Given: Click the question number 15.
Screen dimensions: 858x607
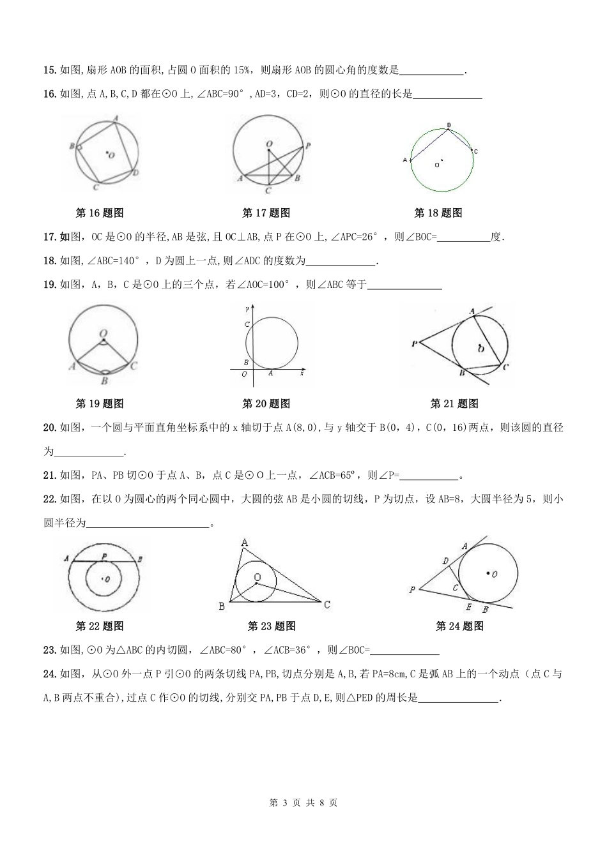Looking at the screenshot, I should tap(49, 70).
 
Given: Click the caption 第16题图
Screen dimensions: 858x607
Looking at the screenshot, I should tap(99, 213).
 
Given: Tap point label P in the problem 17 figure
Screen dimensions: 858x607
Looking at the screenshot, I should tap(308, 146).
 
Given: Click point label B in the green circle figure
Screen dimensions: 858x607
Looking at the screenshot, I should tap(449, 124).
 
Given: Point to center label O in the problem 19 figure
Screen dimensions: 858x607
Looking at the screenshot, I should tap(103, 333).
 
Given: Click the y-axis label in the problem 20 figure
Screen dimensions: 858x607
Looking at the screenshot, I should tap(247, 309).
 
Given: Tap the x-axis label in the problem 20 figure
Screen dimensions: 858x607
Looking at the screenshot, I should tap(301, 374).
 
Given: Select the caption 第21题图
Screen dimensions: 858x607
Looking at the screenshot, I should tap(454, 403).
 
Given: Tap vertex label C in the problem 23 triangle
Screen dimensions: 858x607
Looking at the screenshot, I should tap(327, 605).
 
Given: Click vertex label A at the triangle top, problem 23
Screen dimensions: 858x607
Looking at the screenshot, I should tap(245, 543).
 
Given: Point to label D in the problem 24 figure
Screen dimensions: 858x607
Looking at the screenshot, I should tap(445, 560).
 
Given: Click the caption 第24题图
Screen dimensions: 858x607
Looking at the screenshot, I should tap(459, 626).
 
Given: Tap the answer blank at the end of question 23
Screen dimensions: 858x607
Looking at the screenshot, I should tap(404, 651).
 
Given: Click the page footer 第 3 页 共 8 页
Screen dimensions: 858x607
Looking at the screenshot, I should tap(303, 802).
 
